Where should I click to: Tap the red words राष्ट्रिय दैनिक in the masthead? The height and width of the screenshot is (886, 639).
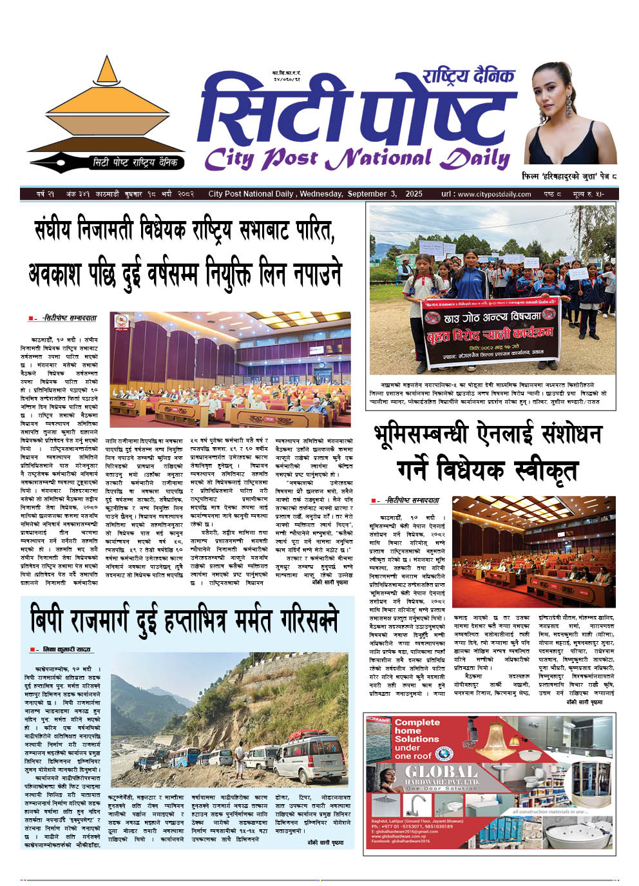tap(468, 76)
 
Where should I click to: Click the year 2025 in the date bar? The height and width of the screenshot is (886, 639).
tap(414, 194)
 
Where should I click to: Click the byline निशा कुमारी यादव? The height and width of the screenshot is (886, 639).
tap(66, 650)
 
